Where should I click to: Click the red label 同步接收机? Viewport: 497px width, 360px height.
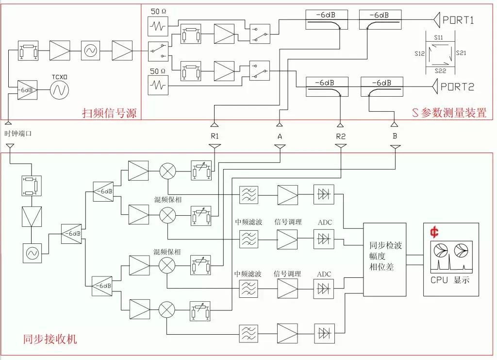[43, 339]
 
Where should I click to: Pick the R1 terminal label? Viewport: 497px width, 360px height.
[215, 137]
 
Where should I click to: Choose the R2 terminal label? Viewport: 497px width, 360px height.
[341, 137]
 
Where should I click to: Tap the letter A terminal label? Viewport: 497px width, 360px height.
[280, 137]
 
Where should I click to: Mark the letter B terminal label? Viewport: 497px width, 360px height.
[395, 137]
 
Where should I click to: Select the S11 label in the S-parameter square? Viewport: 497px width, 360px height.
[439, 37]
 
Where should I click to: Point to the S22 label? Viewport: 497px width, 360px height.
[439, 71]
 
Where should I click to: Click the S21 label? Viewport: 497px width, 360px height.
[461, 52]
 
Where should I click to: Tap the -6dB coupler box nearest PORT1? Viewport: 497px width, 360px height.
[380, 19]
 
